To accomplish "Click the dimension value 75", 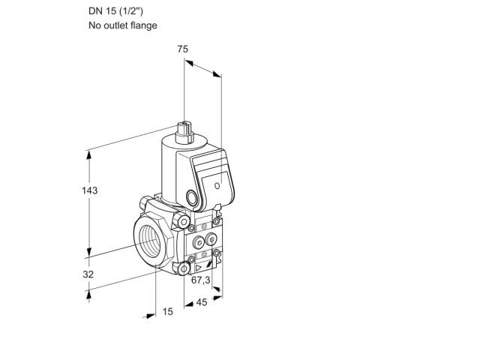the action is (x=183, y=49).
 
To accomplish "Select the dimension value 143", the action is (x=90, y=190).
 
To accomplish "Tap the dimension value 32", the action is (x=88, y=274).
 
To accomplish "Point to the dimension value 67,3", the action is (x=201, y=280).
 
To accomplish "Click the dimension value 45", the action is (x=202, y=302).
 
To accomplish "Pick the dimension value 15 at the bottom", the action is (x=167, y=312).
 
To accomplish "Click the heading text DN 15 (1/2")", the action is (x=116, y=11).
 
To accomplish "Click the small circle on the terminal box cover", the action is (x=217, y=185).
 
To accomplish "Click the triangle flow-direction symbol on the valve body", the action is (x=199, y=268).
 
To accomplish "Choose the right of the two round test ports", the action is (x=211, y=239).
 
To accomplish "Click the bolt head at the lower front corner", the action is (x=184, y=269).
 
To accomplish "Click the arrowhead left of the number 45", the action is (x=188, y=304).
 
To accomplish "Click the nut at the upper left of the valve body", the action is (x=144, y=202).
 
